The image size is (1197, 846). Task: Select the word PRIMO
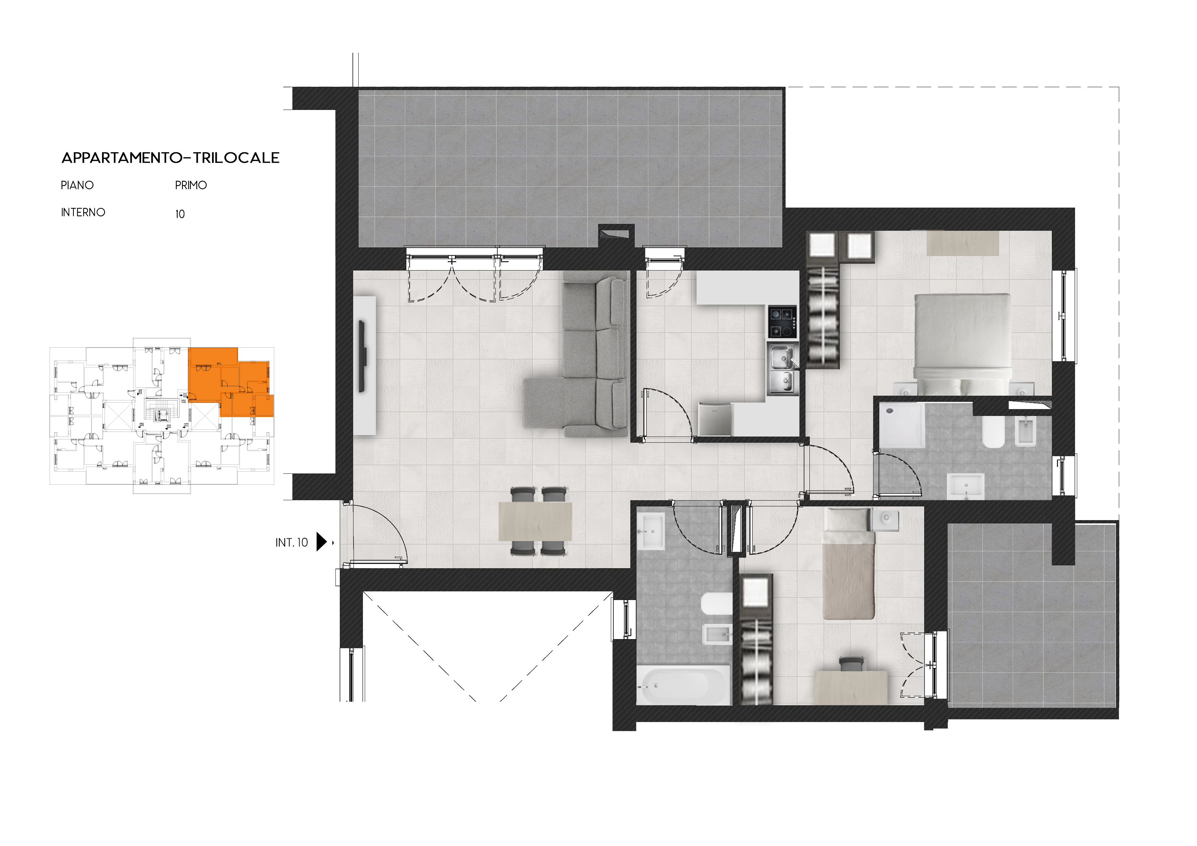tap(191, 185)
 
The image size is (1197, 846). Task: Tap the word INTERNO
tap(83, 212)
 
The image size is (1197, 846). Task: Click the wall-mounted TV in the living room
tap(362, 357)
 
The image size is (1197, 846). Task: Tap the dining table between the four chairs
tap(536, 521)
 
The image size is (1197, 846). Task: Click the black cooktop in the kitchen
tap(782, 322)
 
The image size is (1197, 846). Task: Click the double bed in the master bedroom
tap(963, 344)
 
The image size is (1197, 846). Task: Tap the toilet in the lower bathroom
tap(717, 605)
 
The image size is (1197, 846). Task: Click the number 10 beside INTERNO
tap(180, 214)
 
